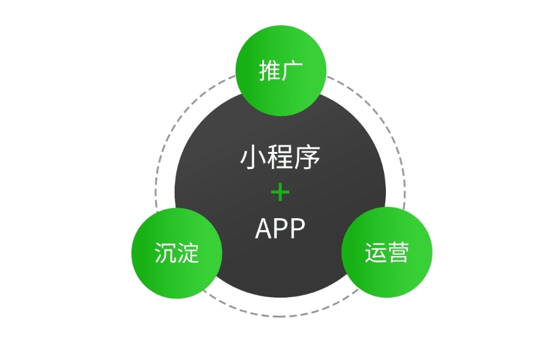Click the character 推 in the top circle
pyautogui.click(x=270, y=71)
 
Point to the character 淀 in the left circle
pyautogui.click(x=188, y=253)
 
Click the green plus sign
pyautogui.click(x=280, y=192)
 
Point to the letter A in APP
pyautogui.click(x=263, y=229)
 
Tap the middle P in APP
pyautogui.click(x=281, y=229)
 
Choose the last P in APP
pyautogui.click(x=297, y=229)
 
